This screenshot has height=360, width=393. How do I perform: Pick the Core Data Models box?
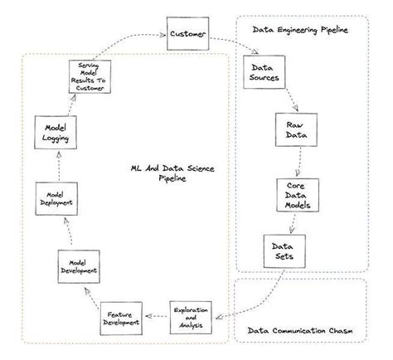click(x=296, y=195)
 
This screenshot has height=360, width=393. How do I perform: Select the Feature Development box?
click(x=121, y=319)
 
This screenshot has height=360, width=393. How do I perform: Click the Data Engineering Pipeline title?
click(x=300, y=30)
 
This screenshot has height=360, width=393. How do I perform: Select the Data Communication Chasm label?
click(x=299, y=333)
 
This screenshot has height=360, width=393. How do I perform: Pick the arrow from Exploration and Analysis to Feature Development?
click(x=158, y=315)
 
